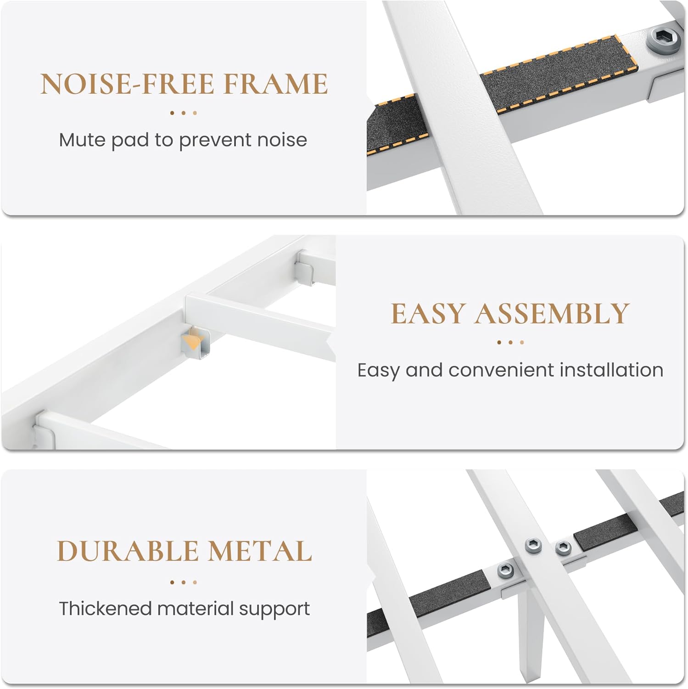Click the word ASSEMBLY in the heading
pos(552,313)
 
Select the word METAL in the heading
pos(260,551)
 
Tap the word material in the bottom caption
pos(196,608)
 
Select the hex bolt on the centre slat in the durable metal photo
pos(533,546)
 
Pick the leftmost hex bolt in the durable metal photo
pos(505,571)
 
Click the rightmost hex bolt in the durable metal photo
pos(563,547)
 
